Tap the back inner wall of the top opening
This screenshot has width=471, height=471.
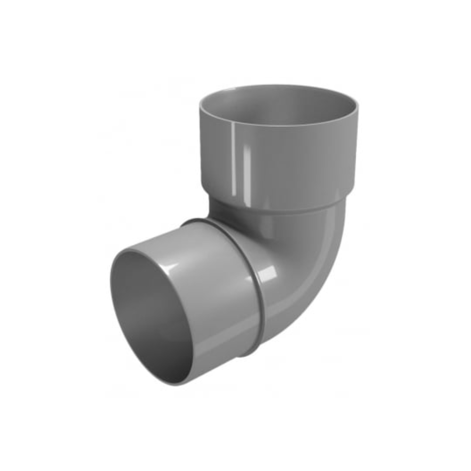pos(278,97)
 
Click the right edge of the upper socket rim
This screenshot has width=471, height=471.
pos(357,106)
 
